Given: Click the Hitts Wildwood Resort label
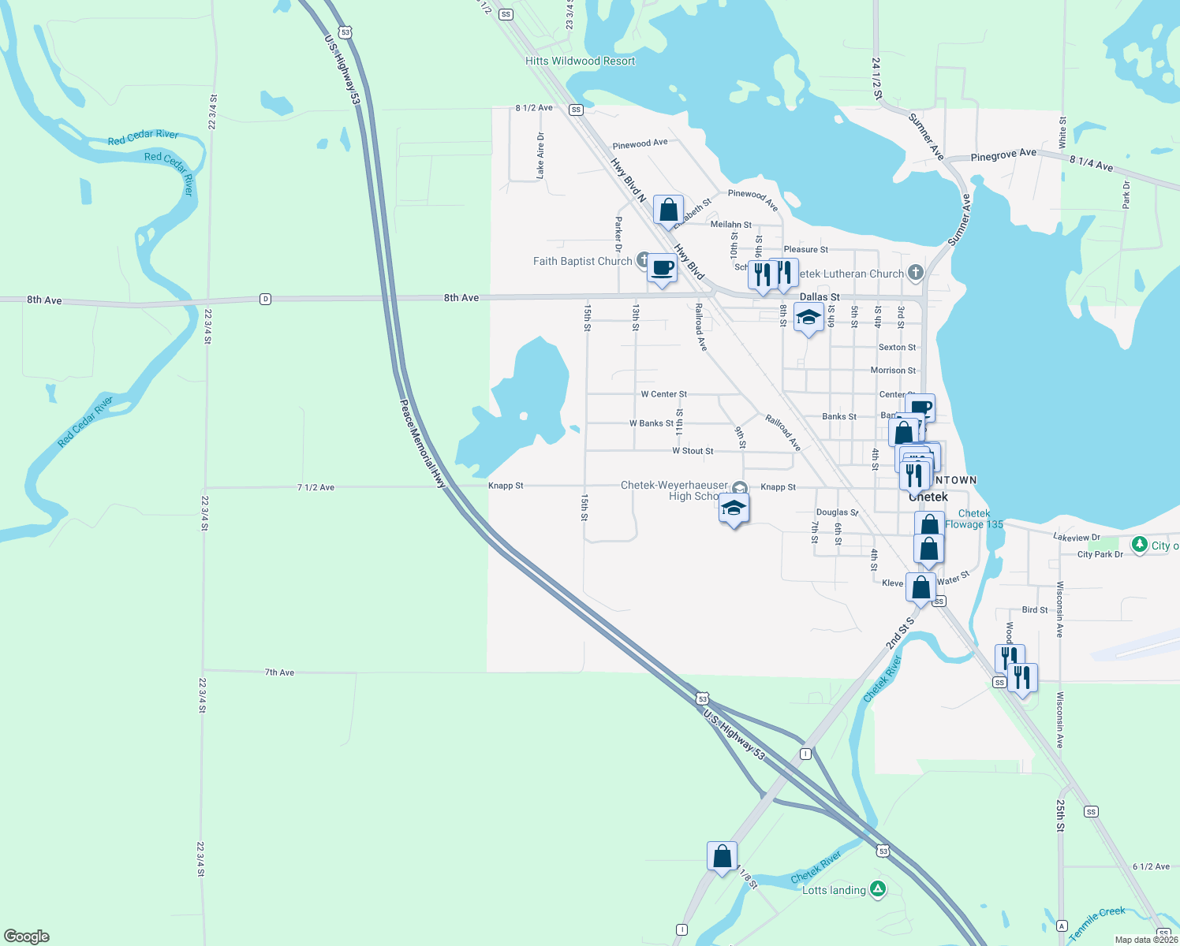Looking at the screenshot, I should pos(580,61).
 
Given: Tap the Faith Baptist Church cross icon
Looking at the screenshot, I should pos(644,260).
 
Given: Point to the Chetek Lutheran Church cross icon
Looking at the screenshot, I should pos(915,273).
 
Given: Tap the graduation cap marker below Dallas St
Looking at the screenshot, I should pos(808,318).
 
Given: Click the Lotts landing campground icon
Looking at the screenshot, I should pos(877,889).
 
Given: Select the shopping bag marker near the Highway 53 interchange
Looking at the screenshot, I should pos(722,857).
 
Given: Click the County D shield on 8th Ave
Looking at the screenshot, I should pos(266,299).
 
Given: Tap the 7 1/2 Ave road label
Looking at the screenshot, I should pos(316,487).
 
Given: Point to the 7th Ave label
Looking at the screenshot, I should pos(279,672).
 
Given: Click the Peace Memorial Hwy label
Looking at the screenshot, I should pos(423,445).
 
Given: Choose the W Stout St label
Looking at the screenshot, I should pos(693,451).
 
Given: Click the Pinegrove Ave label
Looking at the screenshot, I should pos(1003,155).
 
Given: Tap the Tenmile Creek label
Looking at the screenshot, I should pos(1097,922).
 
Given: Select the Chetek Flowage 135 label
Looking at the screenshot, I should pos(974,519).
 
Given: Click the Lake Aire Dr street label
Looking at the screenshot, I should pos(540,155).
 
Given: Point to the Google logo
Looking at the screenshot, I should pos(27,936).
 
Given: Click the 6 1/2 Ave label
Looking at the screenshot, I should pos(1151,866).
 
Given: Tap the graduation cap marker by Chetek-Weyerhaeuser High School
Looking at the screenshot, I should pos(734,509).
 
